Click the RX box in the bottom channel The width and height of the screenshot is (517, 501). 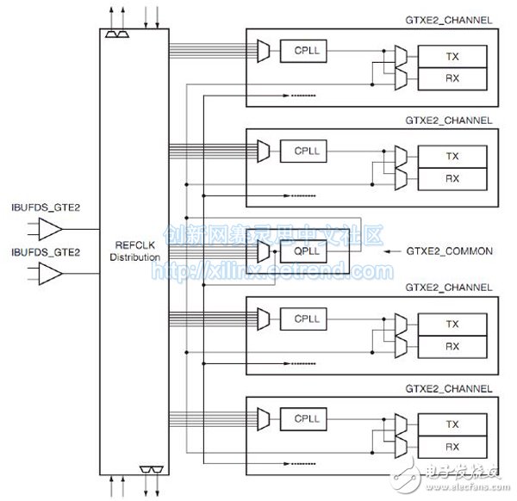[451, 447]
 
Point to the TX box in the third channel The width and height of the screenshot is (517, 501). [451, 325]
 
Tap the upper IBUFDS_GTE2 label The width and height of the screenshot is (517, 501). [45, 207]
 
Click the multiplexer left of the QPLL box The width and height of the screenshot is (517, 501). [263, 251]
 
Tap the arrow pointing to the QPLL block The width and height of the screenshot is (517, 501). [392, 251]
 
